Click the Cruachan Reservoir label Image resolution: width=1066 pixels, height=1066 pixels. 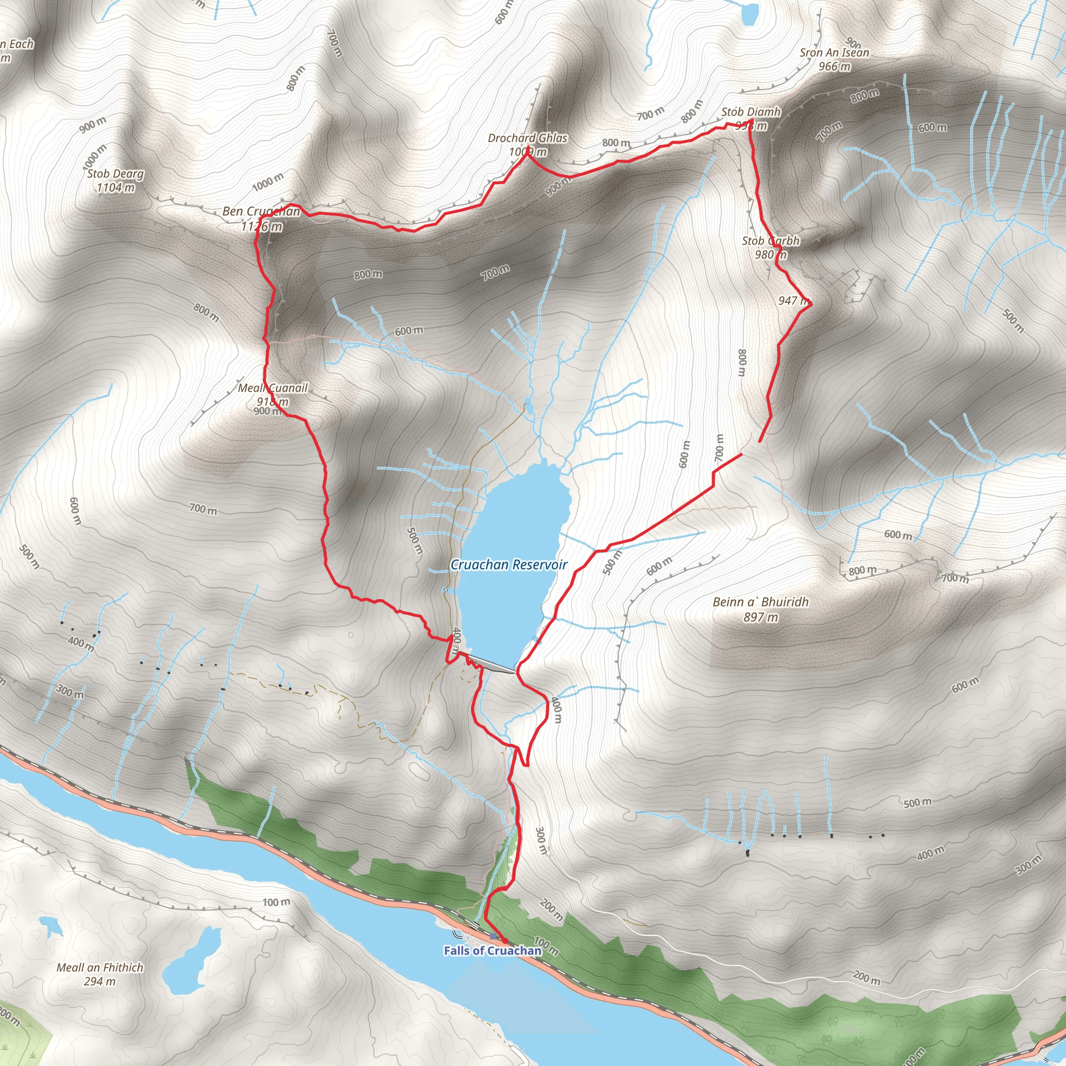click(508, 564)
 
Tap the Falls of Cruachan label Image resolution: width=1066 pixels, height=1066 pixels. click(492, 950)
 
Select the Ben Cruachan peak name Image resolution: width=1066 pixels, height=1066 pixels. click(261, 211)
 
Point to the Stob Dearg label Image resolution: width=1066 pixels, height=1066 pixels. click(116, 174)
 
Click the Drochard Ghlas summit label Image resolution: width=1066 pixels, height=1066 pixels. click(527, 138)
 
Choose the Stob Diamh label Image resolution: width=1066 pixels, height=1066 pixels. click(751, 112)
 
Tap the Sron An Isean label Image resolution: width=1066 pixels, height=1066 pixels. click(834, 53)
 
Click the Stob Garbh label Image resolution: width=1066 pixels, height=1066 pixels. click(770, 240)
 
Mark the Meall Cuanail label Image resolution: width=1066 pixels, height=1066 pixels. click(273, 388)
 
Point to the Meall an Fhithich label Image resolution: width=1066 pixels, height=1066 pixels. click(100, 967)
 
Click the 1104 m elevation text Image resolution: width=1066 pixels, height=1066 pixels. click(116, 187)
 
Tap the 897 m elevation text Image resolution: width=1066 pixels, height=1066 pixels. click(760, 617)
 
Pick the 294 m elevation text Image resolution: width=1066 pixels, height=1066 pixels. click(100, 981)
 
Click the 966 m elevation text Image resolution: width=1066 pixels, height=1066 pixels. click(834, 67)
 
